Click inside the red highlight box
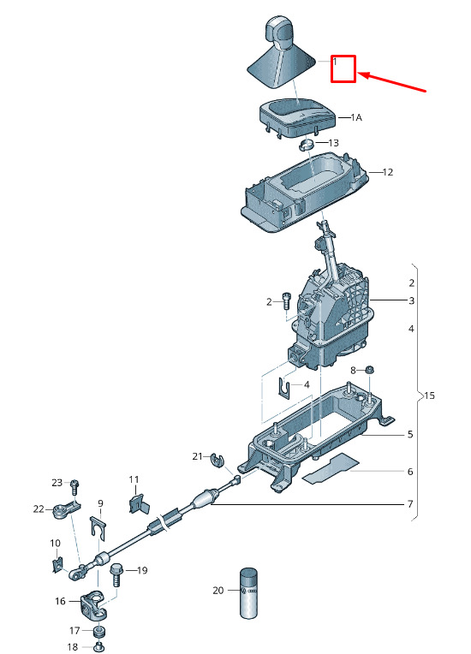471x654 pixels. pyautogui.click(x=343, y=68)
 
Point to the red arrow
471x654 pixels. pyautogui.click(x=391, y=82)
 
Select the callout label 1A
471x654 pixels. pyautogui.click(x=356, y=118)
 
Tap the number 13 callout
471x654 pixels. pyautogui.click(x=333, y=143)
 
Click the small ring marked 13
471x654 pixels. pyautogui.click(x=307, y=146)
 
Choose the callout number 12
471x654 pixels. pyautogui.click(x=388, y=172)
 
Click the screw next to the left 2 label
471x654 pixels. pyautogui.click(x=286, y=300)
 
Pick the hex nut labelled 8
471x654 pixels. pyautogui.click(x=370, y=370)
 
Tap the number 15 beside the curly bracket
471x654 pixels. pyautogui.click(x=429, y=395)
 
